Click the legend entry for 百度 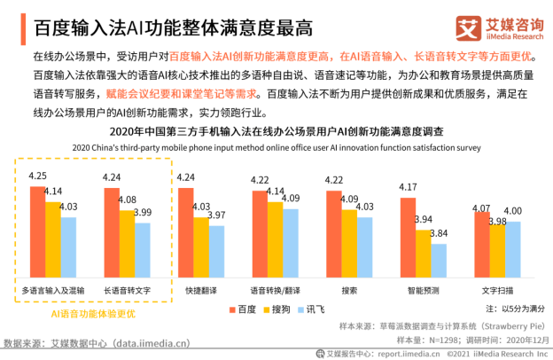coord(240,309)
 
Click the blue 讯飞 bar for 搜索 coord(365,247)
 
